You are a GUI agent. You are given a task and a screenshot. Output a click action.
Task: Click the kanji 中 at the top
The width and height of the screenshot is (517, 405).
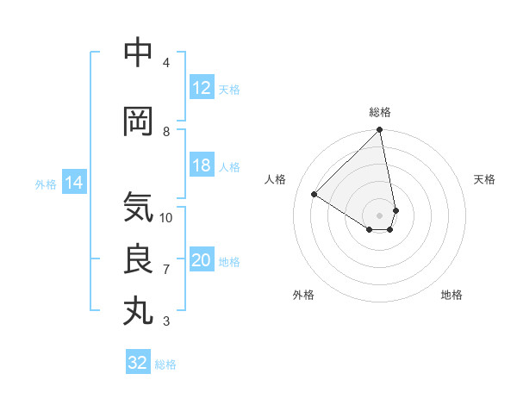pos(139,53)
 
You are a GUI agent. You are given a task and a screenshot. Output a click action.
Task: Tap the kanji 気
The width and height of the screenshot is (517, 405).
pos(139,207)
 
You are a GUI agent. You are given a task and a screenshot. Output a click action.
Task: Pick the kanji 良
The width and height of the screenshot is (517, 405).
pos(139,259)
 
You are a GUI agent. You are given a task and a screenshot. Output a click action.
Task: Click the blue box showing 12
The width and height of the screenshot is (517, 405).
pos(202,89)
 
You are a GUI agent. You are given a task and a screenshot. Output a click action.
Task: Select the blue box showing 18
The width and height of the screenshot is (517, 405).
pos(202,166)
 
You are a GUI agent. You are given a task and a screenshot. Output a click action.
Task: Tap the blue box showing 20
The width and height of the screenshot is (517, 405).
pos(202,261)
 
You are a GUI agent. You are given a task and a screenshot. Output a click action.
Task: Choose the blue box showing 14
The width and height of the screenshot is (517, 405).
pos(73,183)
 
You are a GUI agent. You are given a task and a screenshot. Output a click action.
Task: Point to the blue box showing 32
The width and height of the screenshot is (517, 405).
pos(138,363)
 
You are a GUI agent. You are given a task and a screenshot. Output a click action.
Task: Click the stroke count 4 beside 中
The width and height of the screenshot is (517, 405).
pos(166,63)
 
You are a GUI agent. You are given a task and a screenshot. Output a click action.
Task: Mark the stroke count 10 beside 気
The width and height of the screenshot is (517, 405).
pos(166,217)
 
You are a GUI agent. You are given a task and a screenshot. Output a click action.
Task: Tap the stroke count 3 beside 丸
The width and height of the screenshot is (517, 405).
pos(166,321)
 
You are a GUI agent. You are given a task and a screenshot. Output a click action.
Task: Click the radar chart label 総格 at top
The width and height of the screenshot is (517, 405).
pos(380,112)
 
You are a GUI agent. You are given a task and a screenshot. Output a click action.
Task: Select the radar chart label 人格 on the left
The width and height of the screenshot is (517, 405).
pos(276,179)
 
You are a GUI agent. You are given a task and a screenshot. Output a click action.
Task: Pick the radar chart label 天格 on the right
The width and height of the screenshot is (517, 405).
pos(484,179)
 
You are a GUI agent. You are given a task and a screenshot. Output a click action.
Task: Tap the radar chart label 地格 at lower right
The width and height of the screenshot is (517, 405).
pos(452,295)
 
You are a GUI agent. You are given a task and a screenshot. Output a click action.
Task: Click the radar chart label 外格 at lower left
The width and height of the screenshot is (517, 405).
pos(303,295)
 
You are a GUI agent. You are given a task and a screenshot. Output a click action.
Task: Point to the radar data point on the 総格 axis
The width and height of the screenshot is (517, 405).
pos(380,131)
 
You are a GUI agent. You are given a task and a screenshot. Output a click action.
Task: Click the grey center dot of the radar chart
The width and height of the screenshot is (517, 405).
pos(380,215)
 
